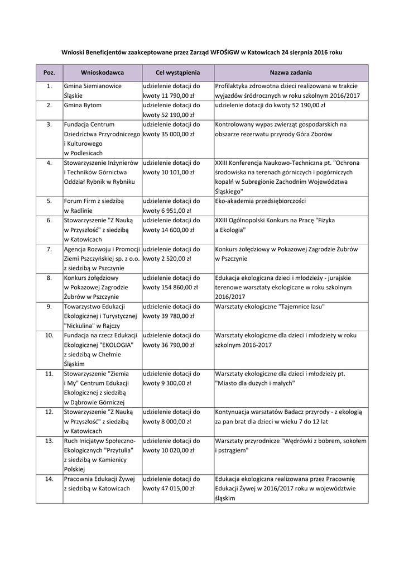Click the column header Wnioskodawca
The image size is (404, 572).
(102, 73)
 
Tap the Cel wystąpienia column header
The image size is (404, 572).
(177, 73)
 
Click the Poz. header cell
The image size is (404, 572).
(49, 73)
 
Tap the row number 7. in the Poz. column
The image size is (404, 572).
(49, 249)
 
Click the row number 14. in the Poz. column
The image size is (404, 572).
(49, 479)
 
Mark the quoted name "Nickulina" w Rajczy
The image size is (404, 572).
(93, 326)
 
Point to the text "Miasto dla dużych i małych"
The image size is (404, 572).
(254, 383)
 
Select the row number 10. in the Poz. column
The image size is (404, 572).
(49, 335)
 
